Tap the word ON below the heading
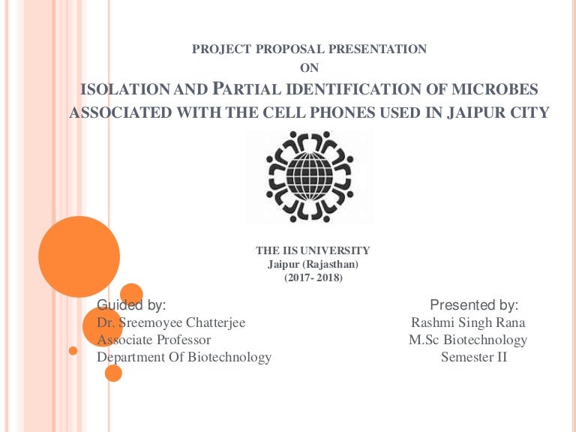pos(309,69)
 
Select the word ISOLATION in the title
pos(124,91)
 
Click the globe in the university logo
pos(310,176)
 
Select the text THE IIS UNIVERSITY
pos(313,250)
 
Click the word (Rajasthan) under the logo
pos(328,264)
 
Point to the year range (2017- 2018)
pos(313,277)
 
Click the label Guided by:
pos(132,305)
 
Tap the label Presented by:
pos(474,305)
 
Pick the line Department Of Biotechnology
pos(184,357)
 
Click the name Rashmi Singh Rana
pos(468,322)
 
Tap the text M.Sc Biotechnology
pos(468,340)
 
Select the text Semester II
pos(474,357)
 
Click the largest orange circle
pos(79,256)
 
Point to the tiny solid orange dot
pos(73,350)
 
